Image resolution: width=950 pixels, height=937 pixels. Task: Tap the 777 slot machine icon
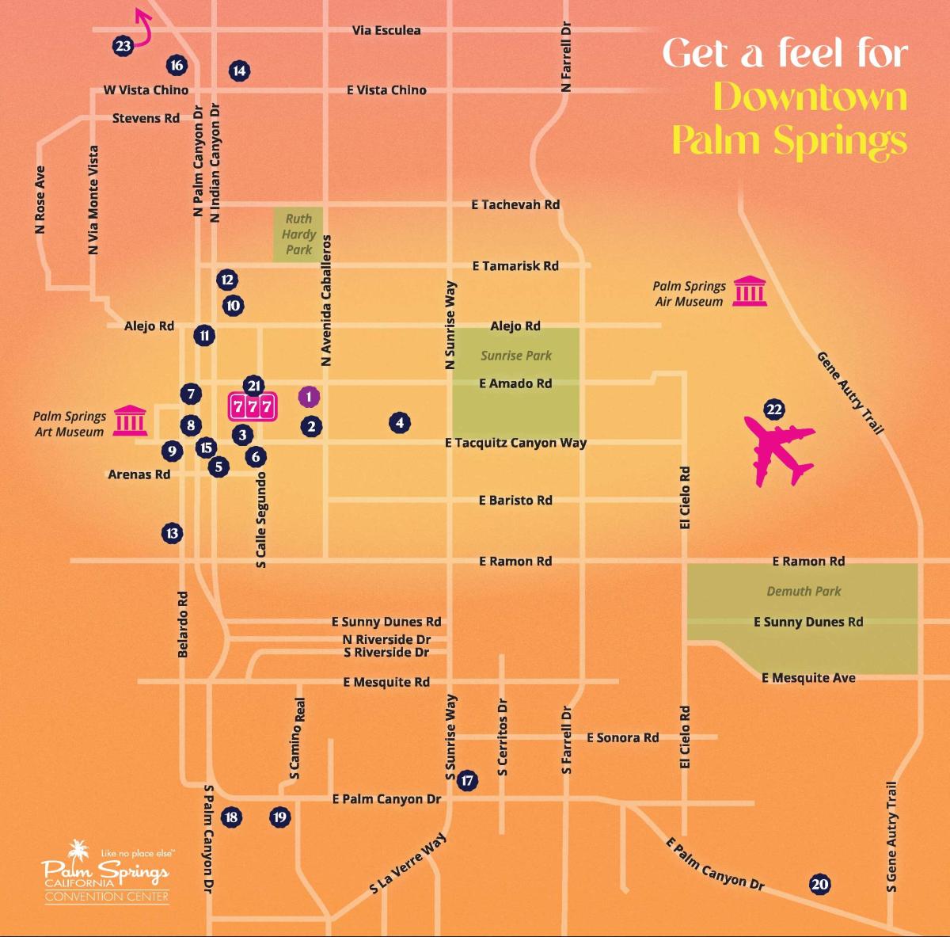tap(253, 407)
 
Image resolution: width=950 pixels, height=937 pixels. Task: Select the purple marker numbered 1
tap(309, 397)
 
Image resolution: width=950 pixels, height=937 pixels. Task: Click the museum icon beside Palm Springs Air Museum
tap(748, 291)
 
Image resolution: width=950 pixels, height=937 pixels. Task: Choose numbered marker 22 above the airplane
tap(773, 409)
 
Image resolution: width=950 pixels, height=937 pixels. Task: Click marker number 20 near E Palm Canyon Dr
tap(819, 885)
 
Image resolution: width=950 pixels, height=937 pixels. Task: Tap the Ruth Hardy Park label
tap(298, 234)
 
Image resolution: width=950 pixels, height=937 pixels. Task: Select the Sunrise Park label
tap(516, 356)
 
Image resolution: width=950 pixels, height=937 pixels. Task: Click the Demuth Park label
tap(804, 591)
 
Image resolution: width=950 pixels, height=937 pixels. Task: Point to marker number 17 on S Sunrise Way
tap(467, 780)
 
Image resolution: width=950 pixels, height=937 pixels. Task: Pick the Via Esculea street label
tap(386, 30)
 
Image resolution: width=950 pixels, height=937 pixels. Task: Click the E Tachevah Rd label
tap(515, 204)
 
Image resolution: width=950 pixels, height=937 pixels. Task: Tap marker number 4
tap(400, 423)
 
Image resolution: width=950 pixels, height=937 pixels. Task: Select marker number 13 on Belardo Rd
tap(172, 533)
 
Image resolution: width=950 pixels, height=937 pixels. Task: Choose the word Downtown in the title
tap(810, 97)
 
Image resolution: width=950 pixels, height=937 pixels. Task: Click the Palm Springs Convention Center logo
tap(106, 872)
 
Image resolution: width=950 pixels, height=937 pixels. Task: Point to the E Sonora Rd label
tap(622, 737)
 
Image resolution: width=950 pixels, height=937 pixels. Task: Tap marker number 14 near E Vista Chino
tap(239, 70)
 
